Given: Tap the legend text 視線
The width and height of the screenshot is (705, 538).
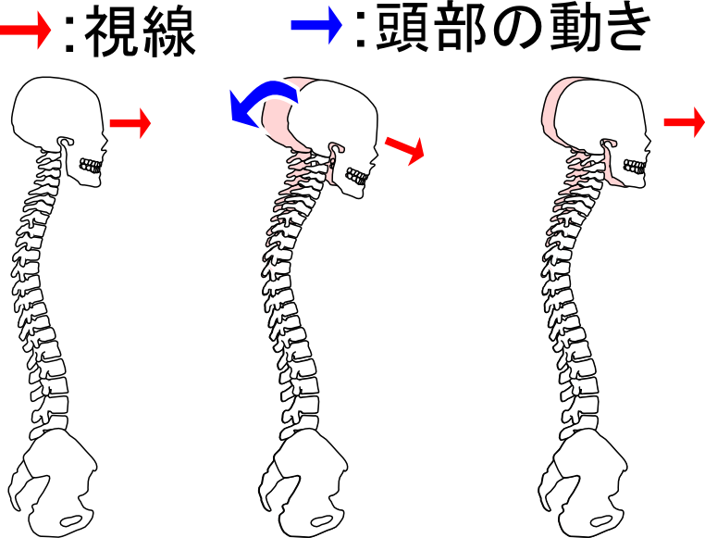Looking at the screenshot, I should click(x=140, y=34).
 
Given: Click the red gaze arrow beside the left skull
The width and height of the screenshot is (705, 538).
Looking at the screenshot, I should click(x=130, y=122).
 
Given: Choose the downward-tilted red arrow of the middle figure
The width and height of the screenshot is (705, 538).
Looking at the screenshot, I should click(x=404, y=146).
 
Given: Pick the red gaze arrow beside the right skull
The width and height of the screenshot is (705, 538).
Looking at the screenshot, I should click(x=686, y=121).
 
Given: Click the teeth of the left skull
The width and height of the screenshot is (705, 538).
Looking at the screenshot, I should click(x=90, y=166).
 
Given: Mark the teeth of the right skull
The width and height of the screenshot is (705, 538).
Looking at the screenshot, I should click(x=635, y=166).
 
